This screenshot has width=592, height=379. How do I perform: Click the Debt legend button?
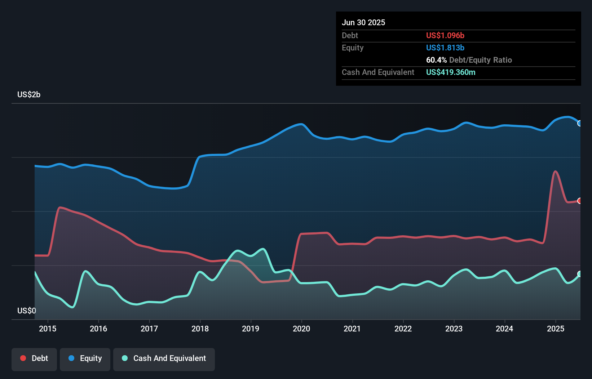coord(34,359)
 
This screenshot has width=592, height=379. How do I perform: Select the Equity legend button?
coord(85,359)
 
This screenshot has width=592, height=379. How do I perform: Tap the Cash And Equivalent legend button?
coord(164,359)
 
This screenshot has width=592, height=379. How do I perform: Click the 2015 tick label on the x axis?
coord(48,329)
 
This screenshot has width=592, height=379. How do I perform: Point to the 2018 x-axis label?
coord(200,329)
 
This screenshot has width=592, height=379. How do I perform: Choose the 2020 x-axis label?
coord(301,329)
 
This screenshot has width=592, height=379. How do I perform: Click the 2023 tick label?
coord(454,329)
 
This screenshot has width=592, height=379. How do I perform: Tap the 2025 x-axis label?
coord(555,329)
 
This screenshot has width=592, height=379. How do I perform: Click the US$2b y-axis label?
coord(29,95)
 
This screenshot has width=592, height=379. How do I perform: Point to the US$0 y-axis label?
coord(27,311)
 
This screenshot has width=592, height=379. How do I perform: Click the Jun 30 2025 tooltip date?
coord(363,22)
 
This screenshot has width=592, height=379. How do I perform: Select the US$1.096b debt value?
coord(445,35)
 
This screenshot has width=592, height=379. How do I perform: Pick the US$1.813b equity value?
coord(445,48)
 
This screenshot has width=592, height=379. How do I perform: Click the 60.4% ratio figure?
coord(436,60)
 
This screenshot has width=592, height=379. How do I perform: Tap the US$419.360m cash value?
coord(450,72)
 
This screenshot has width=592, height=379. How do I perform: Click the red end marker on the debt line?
coord(579,201)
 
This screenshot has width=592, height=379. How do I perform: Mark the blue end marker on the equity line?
coord(579,123)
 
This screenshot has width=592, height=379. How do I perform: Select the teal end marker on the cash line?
coord(579,274)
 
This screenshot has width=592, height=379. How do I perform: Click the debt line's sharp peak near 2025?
coord(555,171)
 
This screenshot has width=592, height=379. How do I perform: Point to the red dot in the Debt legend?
coord(23,358)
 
